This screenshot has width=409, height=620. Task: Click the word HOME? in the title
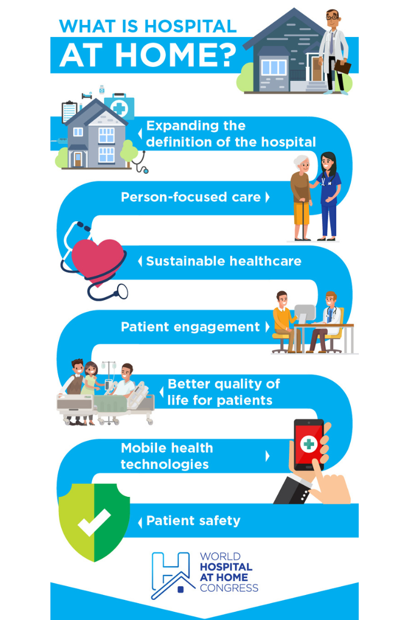tap(176, 55)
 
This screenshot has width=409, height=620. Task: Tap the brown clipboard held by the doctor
tap(342, 66)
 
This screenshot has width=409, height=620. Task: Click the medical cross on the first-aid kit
tap(120, 108)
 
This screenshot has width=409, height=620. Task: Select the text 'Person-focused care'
tap(191, 197)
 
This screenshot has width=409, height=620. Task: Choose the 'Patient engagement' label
tap(190, 327)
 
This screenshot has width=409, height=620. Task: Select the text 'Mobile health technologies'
tap(167, 456)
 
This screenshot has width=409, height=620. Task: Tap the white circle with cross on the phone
tap(309, 444)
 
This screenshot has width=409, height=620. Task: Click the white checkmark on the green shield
tap(94, 522)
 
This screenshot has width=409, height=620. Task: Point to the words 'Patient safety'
tap(193, 521)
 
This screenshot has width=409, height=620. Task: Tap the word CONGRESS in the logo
tap(229, 588)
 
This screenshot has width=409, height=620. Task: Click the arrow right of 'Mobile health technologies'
tap(268, 456)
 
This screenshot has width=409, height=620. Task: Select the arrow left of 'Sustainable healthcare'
tap(140, 261)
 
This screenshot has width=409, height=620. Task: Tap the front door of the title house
tap(317, 70)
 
